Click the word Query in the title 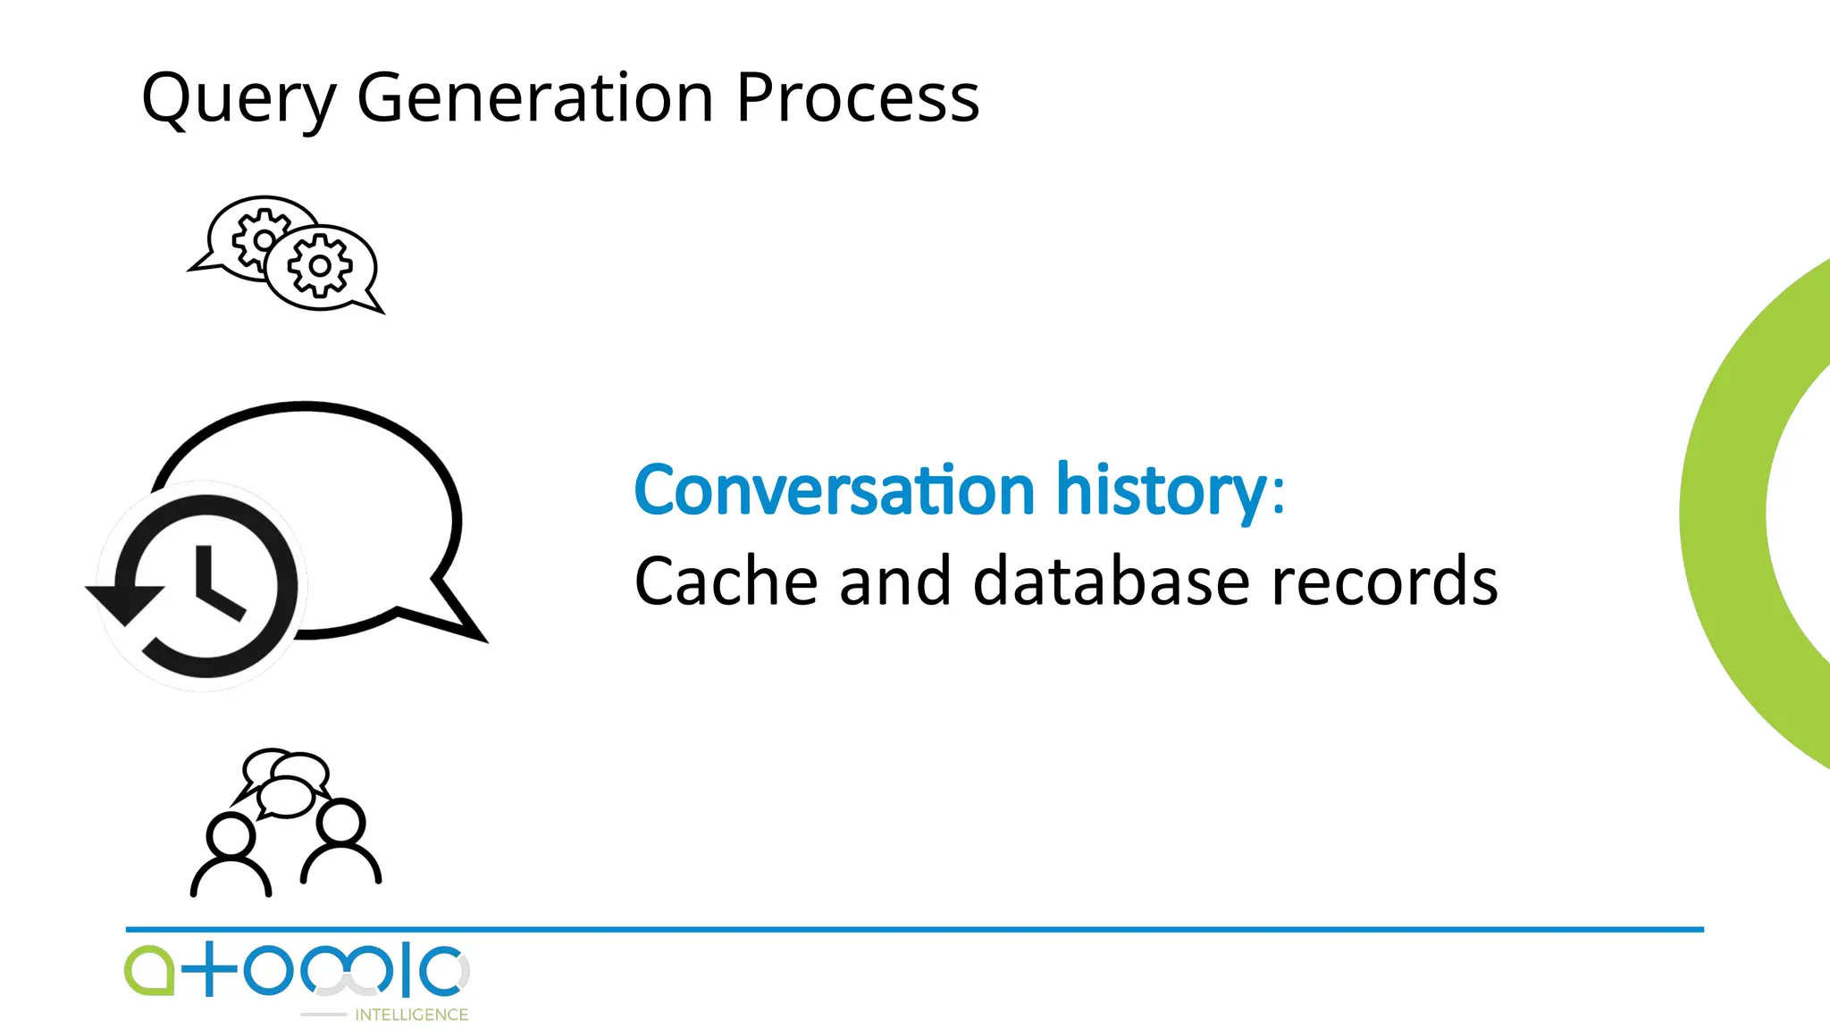tap(239, 98)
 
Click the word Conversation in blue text tap(834, 490)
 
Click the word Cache tap(726, 581)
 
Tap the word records tap(1384, 581)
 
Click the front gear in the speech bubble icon tap(319, 265)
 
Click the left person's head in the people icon tap(231, 837)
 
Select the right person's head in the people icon tap(341, 822)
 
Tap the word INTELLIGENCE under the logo tap(411, 1015)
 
